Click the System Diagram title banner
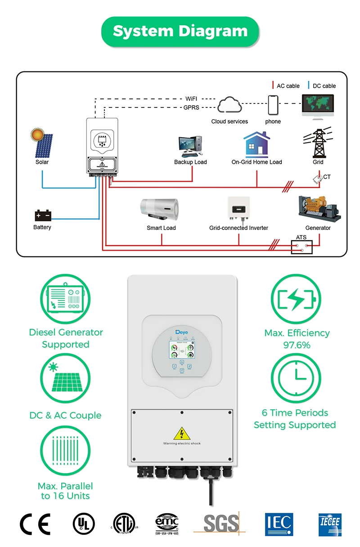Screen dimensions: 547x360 [180, 31]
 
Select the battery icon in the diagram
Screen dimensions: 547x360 [43, 215]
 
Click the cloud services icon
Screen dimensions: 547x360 [229, 106]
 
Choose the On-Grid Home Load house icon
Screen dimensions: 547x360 [256, 144]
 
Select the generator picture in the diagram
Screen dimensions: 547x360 [319, 209]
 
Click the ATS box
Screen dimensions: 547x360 [301, 247]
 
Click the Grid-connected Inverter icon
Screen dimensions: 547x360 [238, 210]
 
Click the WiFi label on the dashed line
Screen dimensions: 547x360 [191, 99]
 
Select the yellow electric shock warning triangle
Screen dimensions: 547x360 [182, 433]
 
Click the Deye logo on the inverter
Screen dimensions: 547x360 [182, 332]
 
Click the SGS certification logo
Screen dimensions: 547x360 [220, 524]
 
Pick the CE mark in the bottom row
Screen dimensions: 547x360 [35, 524]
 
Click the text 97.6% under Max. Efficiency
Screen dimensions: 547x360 [297, 345]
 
